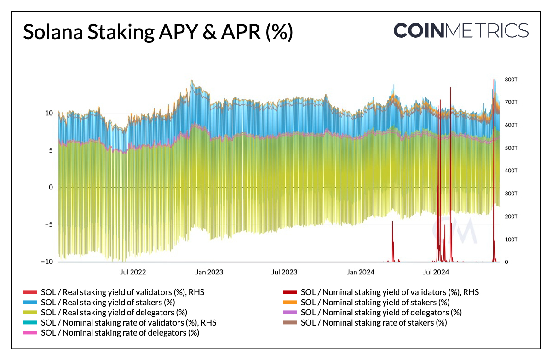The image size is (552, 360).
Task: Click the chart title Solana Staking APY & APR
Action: point(158,33)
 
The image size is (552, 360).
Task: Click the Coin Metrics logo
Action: point(461,30)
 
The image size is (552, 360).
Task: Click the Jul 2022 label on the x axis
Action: point(133,272)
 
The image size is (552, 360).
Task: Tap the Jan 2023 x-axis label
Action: point(209,272)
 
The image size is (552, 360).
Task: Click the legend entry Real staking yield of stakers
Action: point(108,302)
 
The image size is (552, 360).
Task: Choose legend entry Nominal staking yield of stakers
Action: point(375,302)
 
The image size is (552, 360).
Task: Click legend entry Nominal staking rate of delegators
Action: point(120,332)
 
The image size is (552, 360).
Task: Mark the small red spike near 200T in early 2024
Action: point(392,223)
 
